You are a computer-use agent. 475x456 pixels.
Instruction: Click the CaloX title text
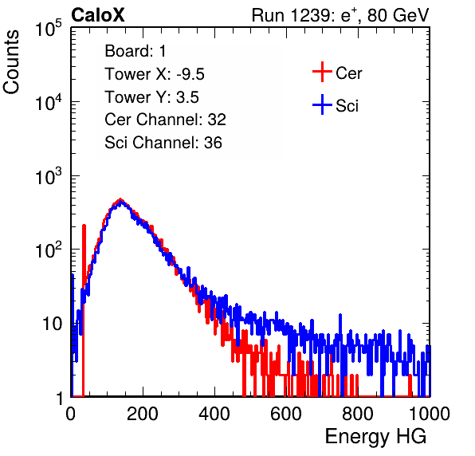point(98,15)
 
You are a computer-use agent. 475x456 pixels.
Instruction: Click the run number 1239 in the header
point(309,15)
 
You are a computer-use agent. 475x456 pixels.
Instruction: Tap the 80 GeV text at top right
point(398,15)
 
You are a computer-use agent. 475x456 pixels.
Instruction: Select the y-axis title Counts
point(11,62)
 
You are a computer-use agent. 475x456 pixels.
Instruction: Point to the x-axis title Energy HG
point(375,437)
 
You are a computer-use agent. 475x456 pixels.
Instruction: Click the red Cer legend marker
point(322,72)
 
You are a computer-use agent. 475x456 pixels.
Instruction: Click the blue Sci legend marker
point(322,105)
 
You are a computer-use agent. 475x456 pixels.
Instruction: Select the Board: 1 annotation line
point(135,51)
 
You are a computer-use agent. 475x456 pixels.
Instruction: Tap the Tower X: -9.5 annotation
point(155,74)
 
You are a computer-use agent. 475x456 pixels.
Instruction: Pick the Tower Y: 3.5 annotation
point(151,97)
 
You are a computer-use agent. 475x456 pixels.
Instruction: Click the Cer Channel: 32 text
point(166,120)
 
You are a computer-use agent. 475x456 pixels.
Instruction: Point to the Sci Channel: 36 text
point(163,143)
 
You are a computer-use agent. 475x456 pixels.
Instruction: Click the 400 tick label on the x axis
point(214,414)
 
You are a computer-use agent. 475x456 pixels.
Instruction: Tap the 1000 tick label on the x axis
point(430,414)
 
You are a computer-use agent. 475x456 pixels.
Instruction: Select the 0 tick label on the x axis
point(71,414)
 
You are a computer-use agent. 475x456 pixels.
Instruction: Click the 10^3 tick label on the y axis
point(49,175)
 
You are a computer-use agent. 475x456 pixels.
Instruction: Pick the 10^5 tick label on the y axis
point(49,28)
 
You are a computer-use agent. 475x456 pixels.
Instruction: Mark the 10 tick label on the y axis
point(53,324)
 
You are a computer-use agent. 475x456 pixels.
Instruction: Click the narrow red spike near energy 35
point(84,309)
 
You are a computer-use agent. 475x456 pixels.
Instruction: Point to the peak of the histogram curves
point(120,201)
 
